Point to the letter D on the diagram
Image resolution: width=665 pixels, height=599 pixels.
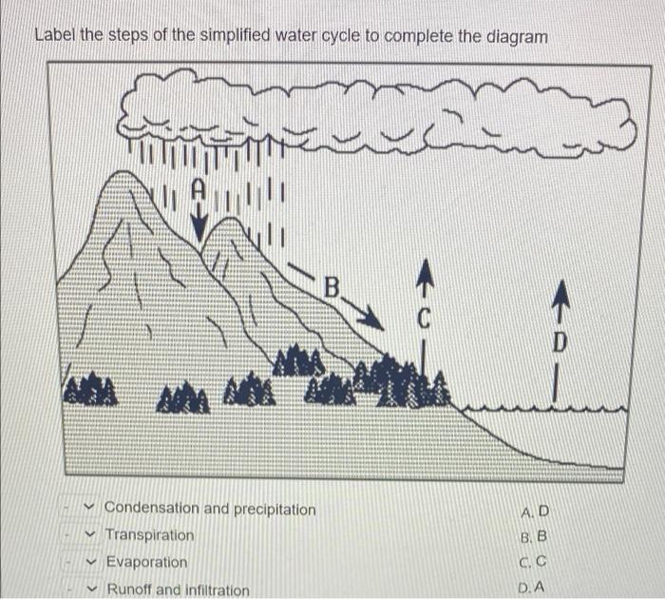560,340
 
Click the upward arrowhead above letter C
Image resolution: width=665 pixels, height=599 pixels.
425,276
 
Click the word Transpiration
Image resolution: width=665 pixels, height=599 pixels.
149,535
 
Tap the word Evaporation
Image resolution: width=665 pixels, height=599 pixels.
146,562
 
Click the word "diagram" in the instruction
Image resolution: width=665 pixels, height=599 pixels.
517,36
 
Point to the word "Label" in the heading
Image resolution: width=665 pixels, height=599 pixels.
54,36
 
